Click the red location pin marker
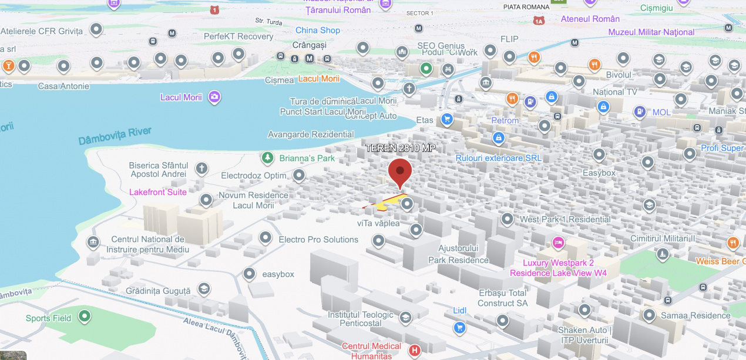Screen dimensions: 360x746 [x=400, y=171]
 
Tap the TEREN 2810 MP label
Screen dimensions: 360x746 [x=401, y=148]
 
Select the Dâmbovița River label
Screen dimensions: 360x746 [x=115, y=136]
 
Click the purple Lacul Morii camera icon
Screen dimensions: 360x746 [x=214, y=97]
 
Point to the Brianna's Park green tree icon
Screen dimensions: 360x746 [x=268, y=158]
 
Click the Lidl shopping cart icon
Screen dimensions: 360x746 [x=459, y=327]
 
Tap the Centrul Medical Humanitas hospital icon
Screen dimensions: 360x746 [x=415, y=351]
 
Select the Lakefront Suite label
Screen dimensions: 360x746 [x=158, y=192]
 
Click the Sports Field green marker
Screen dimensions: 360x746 [x=85, y=318]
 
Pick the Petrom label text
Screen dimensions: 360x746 [x=505, y=120]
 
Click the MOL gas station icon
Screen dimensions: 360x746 [x=640, y=112]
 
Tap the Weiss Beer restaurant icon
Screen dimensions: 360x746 [x=732, y=243]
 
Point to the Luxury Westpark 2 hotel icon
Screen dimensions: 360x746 [x=558, y=242]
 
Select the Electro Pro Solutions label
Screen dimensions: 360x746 [x=318, y=240]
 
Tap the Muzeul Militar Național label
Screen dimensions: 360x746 [x=651, y=32]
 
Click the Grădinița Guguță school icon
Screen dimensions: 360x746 [x=204, y=290]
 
